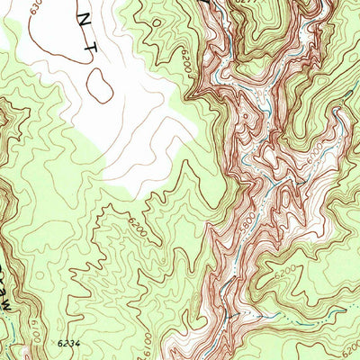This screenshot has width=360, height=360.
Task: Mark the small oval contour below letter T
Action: (100, 87)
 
